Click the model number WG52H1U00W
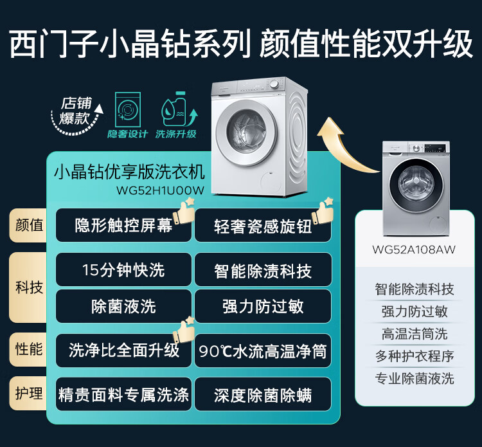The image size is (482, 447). (x=160, y=190)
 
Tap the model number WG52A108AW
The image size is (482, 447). (x=414, y=250)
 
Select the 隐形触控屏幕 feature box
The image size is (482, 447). (x=123, y=226)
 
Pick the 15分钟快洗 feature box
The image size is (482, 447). (x=123, y=270)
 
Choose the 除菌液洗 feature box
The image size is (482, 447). (x=123, y=306)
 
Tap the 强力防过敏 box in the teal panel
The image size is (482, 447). (x=263, y=306)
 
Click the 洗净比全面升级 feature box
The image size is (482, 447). (x=123, y=351)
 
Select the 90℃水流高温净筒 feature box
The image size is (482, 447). (x=263, y=351)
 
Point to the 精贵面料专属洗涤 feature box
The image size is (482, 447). (x=123, y=394)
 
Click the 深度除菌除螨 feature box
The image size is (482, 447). (x=263, y=394)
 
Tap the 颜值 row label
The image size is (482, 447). (x=29, y=225)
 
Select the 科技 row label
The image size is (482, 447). (x=29, y=287)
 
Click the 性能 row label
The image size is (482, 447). (x=29, y=349)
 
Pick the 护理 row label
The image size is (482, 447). (x=29, y=393)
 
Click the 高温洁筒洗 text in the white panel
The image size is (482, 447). (x=414, y=334)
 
